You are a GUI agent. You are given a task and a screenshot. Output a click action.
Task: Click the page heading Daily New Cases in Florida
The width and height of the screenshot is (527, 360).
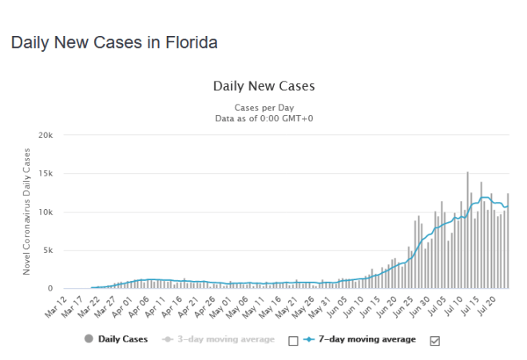[x=114, y=42]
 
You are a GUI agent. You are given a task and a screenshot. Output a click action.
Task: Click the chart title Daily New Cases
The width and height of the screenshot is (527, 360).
[x=263, y=85]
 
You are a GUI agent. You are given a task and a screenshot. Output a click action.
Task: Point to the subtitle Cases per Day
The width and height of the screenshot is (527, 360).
[x=263, y=107]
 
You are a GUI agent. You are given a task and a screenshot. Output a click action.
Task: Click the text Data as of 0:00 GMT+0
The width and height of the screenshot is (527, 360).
[x=263, y=118]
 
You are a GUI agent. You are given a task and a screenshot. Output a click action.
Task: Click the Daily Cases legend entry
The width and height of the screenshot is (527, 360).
[x=117, y=339]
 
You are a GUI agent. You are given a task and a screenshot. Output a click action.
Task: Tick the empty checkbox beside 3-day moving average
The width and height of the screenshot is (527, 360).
[x=292, y=340]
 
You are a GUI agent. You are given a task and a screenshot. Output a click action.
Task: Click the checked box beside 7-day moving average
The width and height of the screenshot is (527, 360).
[x=435, y=340]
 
